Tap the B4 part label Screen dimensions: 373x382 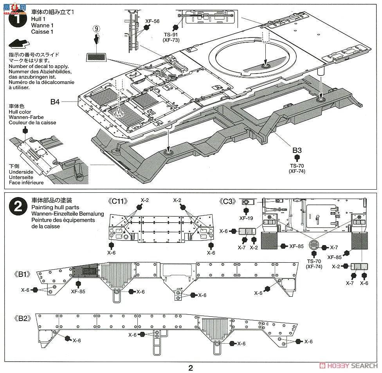[55, 102]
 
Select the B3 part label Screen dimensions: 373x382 [297, 150]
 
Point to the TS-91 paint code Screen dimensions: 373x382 [171, 34]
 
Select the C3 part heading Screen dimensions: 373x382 [228, 202]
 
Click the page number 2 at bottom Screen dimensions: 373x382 [191, 368]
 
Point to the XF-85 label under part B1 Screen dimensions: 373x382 [79, 291]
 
